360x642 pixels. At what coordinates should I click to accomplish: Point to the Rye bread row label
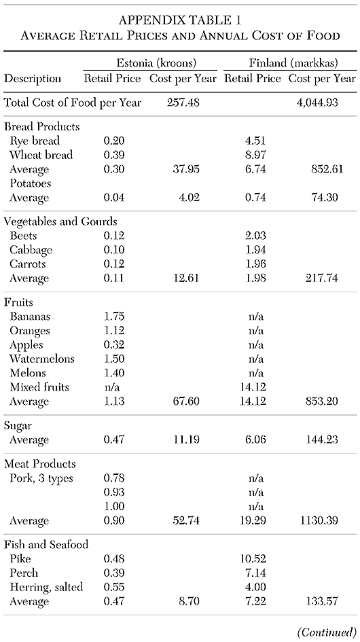[35, 141]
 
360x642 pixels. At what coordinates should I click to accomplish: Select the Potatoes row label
[31, 183]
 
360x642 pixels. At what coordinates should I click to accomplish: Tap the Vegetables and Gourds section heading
[60, 221]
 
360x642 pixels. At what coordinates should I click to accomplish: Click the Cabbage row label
[31, 249]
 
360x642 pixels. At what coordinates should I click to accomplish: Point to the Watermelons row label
[42, 359]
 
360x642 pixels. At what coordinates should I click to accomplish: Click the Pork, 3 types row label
[43, 478]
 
